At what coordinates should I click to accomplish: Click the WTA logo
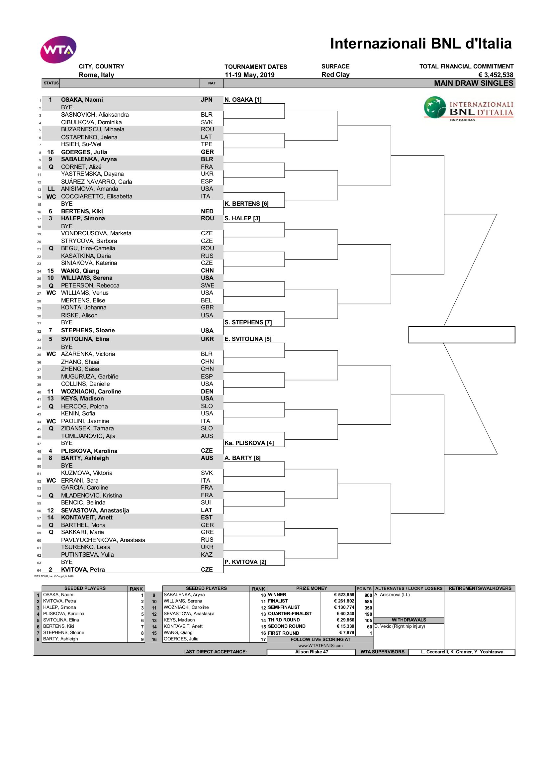(58, 50)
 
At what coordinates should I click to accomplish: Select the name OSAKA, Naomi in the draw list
(82, 100)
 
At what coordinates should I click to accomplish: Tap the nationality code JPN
(207, 100)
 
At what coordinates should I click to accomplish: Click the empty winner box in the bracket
(461, 335)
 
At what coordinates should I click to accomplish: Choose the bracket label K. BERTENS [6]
(246, 204)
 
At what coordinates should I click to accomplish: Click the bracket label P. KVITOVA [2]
(245, 562)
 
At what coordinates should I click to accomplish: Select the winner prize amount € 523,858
(344, 595)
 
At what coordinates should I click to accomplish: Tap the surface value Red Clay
(335, 75)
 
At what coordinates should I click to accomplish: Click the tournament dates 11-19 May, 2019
(250, 75)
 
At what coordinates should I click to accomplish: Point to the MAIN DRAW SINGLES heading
(473, 83)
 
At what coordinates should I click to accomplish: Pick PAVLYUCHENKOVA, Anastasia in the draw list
(103, 540)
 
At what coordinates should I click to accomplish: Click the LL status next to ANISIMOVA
(51, 189)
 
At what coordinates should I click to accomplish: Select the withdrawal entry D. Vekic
(400, 626)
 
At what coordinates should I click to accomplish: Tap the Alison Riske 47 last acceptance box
(311, 652)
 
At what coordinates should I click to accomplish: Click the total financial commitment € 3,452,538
(496, 75)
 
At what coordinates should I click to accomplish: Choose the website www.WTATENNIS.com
(320, 646)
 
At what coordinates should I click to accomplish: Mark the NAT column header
(212, 83)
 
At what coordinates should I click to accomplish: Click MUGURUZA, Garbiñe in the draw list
(90, 377)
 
